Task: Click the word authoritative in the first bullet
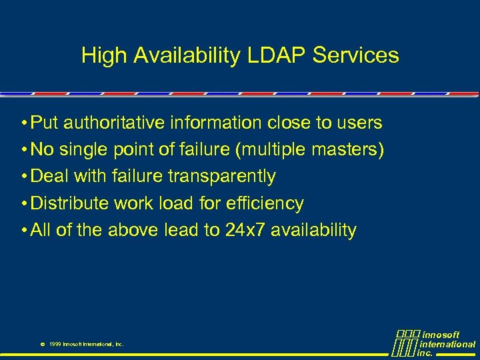point(125,123)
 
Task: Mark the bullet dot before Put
point(23,123)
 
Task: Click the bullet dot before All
point(23,231)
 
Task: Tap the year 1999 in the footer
point(56,344)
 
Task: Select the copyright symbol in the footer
point(42,344)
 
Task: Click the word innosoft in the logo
point(441,335)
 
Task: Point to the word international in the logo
point(447,344)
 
